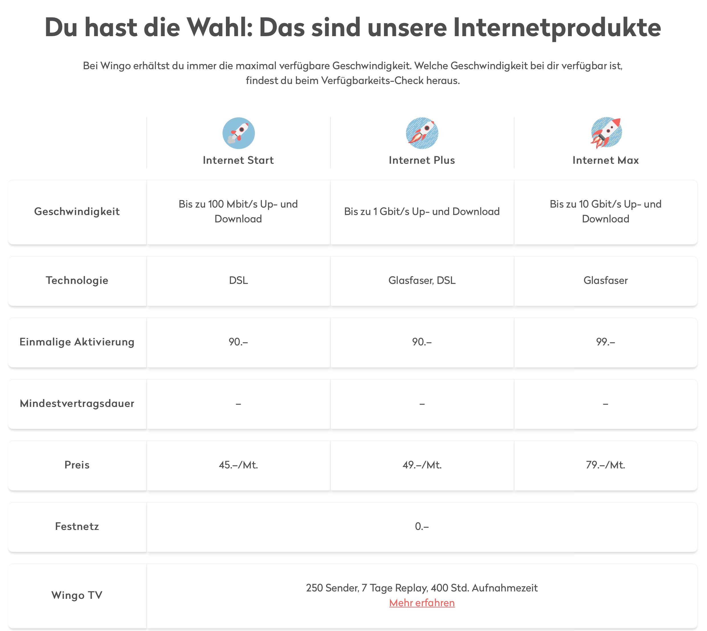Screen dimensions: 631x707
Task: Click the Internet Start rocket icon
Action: [x=238, y=133]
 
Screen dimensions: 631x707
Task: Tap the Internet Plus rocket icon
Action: [x=422, y=133]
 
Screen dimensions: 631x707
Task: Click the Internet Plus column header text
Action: [x=422, y=160]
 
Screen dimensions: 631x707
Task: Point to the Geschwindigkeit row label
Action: [x=77, y=212]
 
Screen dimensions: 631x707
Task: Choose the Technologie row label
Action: [x=77, y=280]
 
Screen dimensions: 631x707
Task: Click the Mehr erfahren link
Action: [x=422, y=603]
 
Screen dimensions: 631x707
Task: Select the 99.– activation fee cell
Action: [x=605, y=342]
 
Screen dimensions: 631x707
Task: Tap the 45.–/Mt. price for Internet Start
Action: [x=238, y=465]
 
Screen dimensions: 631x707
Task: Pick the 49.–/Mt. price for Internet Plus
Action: [x=422, y=465]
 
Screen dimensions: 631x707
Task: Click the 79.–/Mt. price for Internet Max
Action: [x=605, y=465]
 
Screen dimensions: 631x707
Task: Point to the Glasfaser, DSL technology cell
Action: [x=422, y=280]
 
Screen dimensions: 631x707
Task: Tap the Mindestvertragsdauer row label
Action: [x=77, y=403]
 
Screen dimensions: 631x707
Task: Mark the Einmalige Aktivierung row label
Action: [x=77, y=342]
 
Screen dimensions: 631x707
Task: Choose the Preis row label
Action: [x=77, y=465]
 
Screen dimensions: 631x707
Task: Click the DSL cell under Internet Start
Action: [x=238, y=280]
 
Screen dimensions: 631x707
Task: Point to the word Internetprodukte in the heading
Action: [x=557, y=28]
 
